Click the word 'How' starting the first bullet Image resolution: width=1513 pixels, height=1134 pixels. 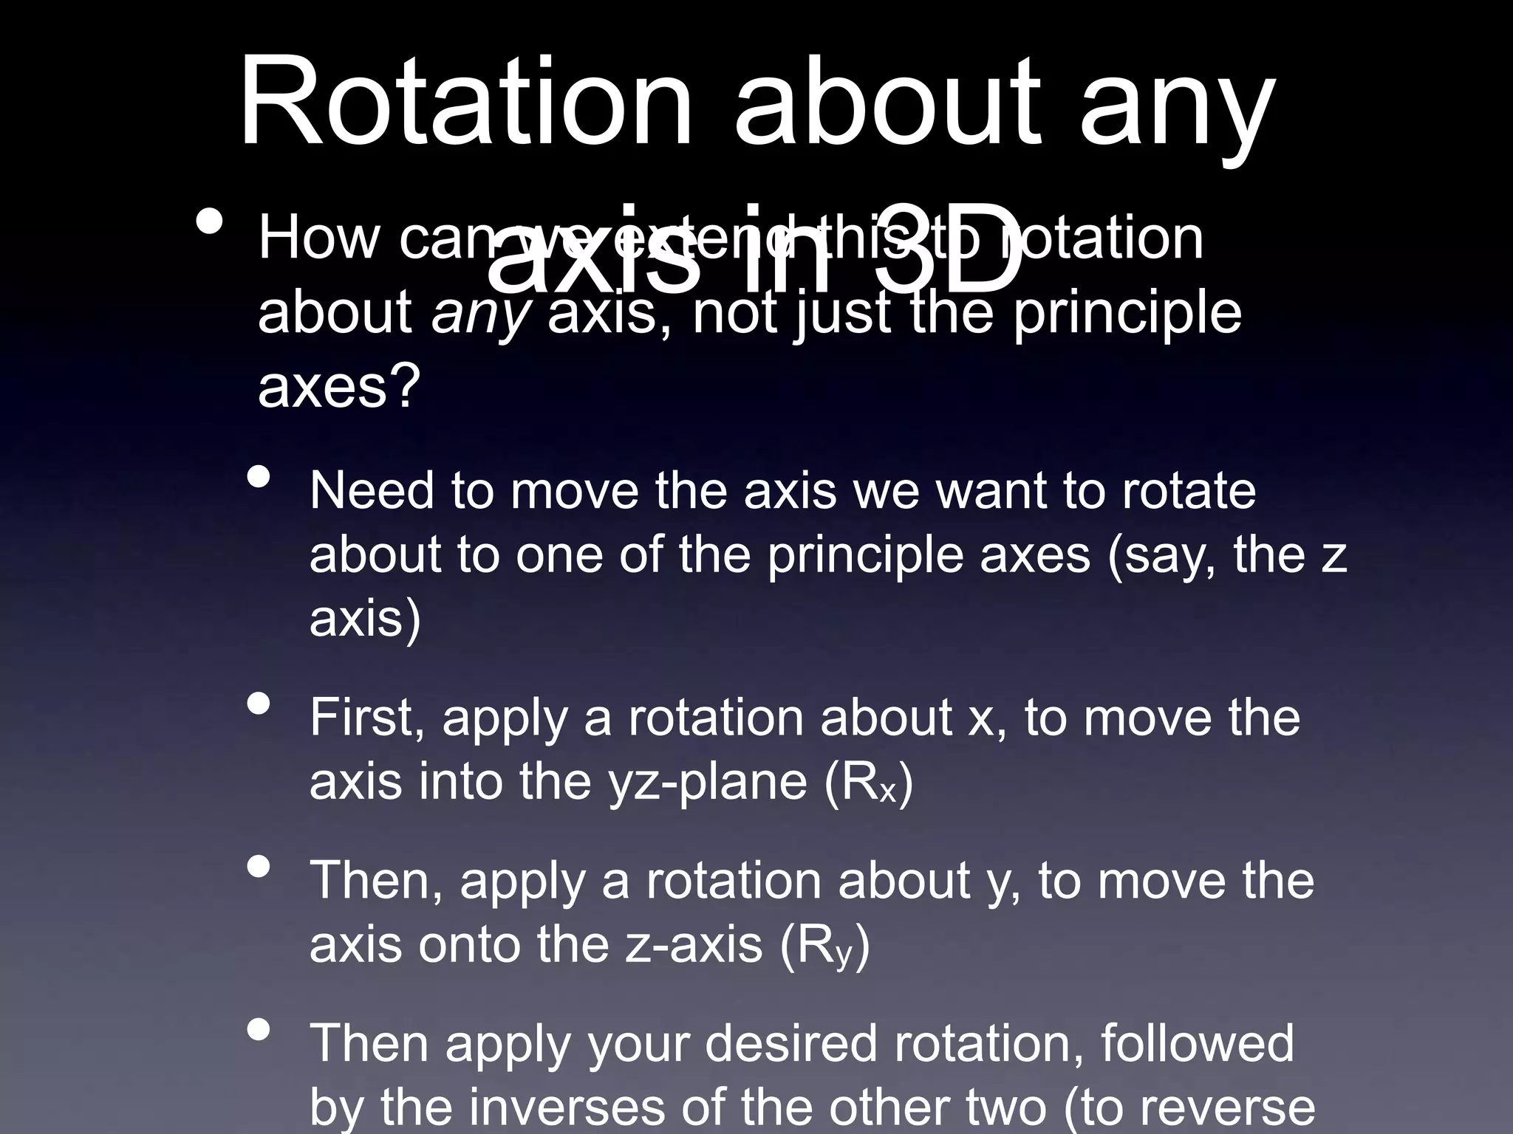point(318,238)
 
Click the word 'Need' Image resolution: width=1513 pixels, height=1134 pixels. point(372,491)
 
